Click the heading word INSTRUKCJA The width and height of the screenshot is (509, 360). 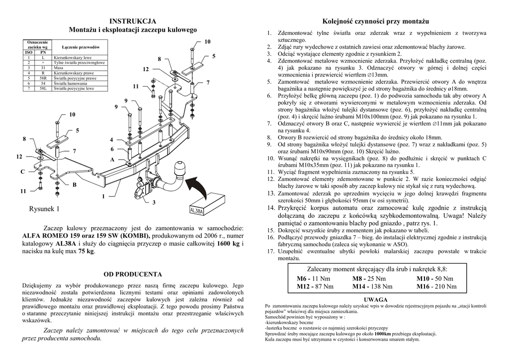pyautogui.click(x=133, y=21)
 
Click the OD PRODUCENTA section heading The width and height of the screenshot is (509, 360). pyautogui.click(x=133, y=274)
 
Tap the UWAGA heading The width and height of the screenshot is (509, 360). pyautogui.click(x=376, y=300)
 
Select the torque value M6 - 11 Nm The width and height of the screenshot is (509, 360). pyautogui.click(x=313, y=278)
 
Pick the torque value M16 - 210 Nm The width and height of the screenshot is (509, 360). pyautogui.click(x=436, y=286)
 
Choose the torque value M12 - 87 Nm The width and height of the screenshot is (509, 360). pyautogui.click(x=315, y=286)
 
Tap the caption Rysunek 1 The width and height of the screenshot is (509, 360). pyautogui.click(x=45, y=208)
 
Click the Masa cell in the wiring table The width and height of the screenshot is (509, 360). pyautogui.click(x=59, y=68)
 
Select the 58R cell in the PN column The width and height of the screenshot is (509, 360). pyautogui.click(x=43, y=78)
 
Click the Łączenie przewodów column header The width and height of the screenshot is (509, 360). pyautogui.click(x=81, y=47)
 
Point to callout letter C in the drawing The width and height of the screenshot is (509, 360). pyautogui.click(x=23, y=172)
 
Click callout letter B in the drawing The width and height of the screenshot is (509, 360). pyautogui.click(x=75, y=185)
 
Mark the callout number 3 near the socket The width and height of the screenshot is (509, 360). pyautogui.click(x=154, y=202)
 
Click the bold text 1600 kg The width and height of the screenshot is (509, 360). pyautogui.click(x=229, y=244)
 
